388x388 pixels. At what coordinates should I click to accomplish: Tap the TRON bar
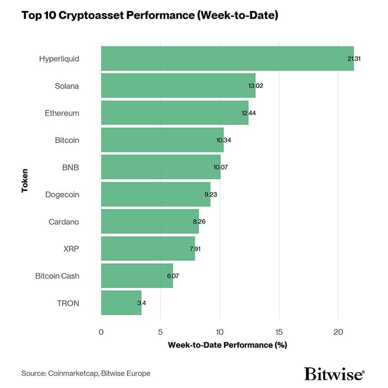pyautogui.click(x=121, y=303)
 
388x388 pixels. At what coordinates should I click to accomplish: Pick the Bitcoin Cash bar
pyautogui.click(x=136, y=276)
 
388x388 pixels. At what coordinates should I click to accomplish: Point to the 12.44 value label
pyautogui.click(x=249, y=113)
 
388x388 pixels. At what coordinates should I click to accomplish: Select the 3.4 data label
pyautogui.click(x=141, y=303)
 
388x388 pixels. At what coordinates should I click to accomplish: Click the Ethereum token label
pyautogui.click(x=62, y=113)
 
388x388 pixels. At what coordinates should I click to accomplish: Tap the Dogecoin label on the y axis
pyautogui.click(x=62, y=194)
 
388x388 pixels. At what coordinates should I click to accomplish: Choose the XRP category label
pyautogui.click(x=71, y=249)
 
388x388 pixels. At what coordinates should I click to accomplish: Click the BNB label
pyautogui.click(x=70, y=167)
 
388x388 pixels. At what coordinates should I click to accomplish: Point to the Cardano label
pyautogui.click(x=64, y=221)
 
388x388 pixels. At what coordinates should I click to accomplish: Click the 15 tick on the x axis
pyautogui.click(x=279, y=332)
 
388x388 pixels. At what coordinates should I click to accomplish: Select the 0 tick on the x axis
pyautogui.click(x=101, y=332)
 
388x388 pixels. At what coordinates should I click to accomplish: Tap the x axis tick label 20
pyautogui.click(x=339, y=332)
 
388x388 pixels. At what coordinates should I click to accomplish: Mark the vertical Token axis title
pyautogui.click(x=25, y=180)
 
